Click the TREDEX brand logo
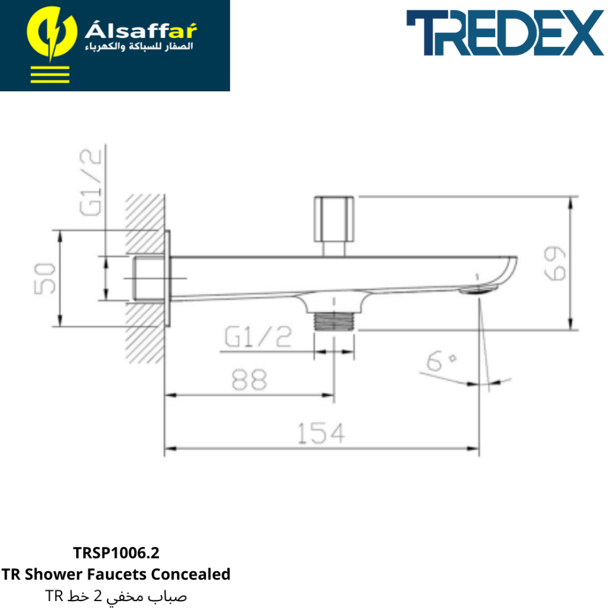coord(505,33)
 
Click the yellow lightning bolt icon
coord(52,33)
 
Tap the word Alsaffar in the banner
coord(141,30)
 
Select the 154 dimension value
coord(321,433)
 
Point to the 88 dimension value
coord(249,379)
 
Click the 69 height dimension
coord(555,263)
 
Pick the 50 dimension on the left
coord(44,278)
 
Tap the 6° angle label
coord(441,361)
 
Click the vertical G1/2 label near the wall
coord(91,183)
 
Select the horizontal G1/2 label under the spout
coord(258,336)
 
